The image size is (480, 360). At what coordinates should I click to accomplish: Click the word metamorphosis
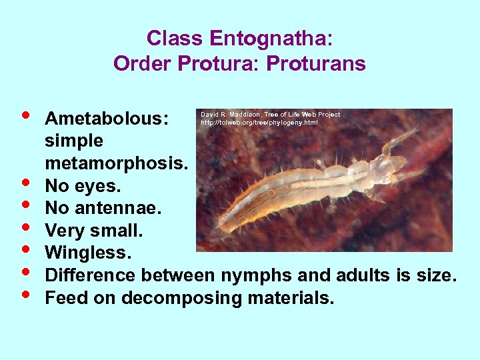pyautogui.click(x=117, y=163)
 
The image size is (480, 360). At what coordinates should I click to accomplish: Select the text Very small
pyautogui.click(x=87, y=231)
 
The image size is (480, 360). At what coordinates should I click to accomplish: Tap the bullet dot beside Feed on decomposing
pyautogui.click(x=25, y=294)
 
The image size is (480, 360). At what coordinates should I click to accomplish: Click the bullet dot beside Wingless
pyautogui.click(x=25, y=249)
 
